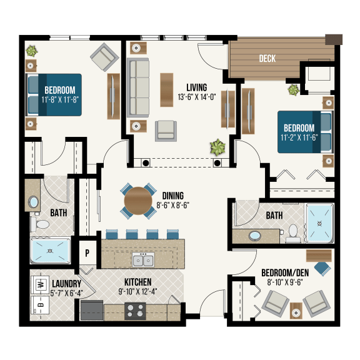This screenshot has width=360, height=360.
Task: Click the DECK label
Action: pyautogui.click(x=268, y=59)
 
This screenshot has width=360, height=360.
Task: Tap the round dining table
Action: pyautogui.click(x=137, y=201)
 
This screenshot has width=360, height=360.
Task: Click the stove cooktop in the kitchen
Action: pyautogui.click(x=134, y=308)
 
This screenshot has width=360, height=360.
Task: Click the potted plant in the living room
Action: pyautogui.click(x=217, y=148)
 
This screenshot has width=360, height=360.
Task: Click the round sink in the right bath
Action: pyautogui.click(x=256, y=237)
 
